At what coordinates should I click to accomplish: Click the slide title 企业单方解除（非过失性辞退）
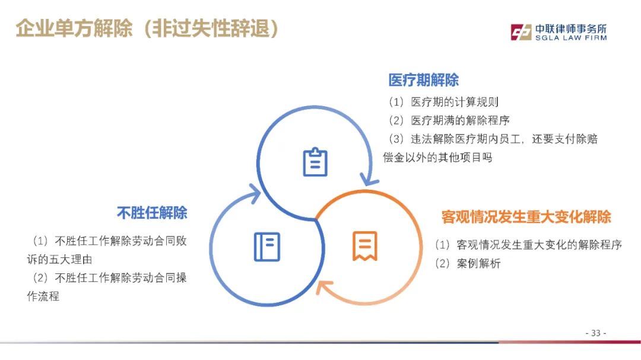pyautogui.click(x=147, y=28)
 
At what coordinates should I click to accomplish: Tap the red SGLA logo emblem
pyautogui.click(x=521, y=32)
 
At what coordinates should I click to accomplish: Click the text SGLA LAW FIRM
pyautogui.click(x=571, y=38)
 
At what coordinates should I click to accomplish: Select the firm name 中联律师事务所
pyautogui.click(x=571, y=28)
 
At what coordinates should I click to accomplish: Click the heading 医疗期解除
pyautogui.click(x=424, y=80)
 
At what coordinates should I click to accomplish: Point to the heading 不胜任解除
pyautogui.click(x=152, y=213)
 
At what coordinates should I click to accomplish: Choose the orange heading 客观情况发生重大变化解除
pyautogui.click(x=526, y=216)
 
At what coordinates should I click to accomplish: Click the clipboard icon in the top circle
pyautogui.click(x=315, y=163)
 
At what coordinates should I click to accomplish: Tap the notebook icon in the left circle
pyautogui.click(x=267, y=247)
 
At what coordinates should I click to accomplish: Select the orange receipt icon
pyautogui.click(x=364, y=246)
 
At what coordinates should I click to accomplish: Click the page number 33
pyautogui.click(x=596, y=333)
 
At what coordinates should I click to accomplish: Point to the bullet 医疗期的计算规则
pyautogui.click(x=455, y=102)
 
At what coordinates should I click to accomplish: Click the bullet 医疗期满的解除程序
pyautogui.click(x=461, y=120)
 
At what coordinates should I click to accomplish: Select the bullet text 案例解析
pyautogui.click(x=478, y=263)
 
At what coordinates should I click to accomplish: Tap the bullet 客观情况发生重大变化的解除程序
pyautogui.click(x=539, y=245)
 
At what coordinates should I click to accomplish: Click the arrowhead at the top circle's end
pyautogui.click(x=369, y=180)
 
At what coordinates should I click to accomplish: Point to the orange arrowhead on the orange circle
pyautogui.click(x=324, y=286)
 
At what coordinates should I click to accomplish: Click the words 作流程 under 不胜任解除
pyautogui.click(x=43, y=297)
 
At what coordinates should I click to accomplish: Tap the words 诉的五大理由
pyautogui.click(x=60, y=260)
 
